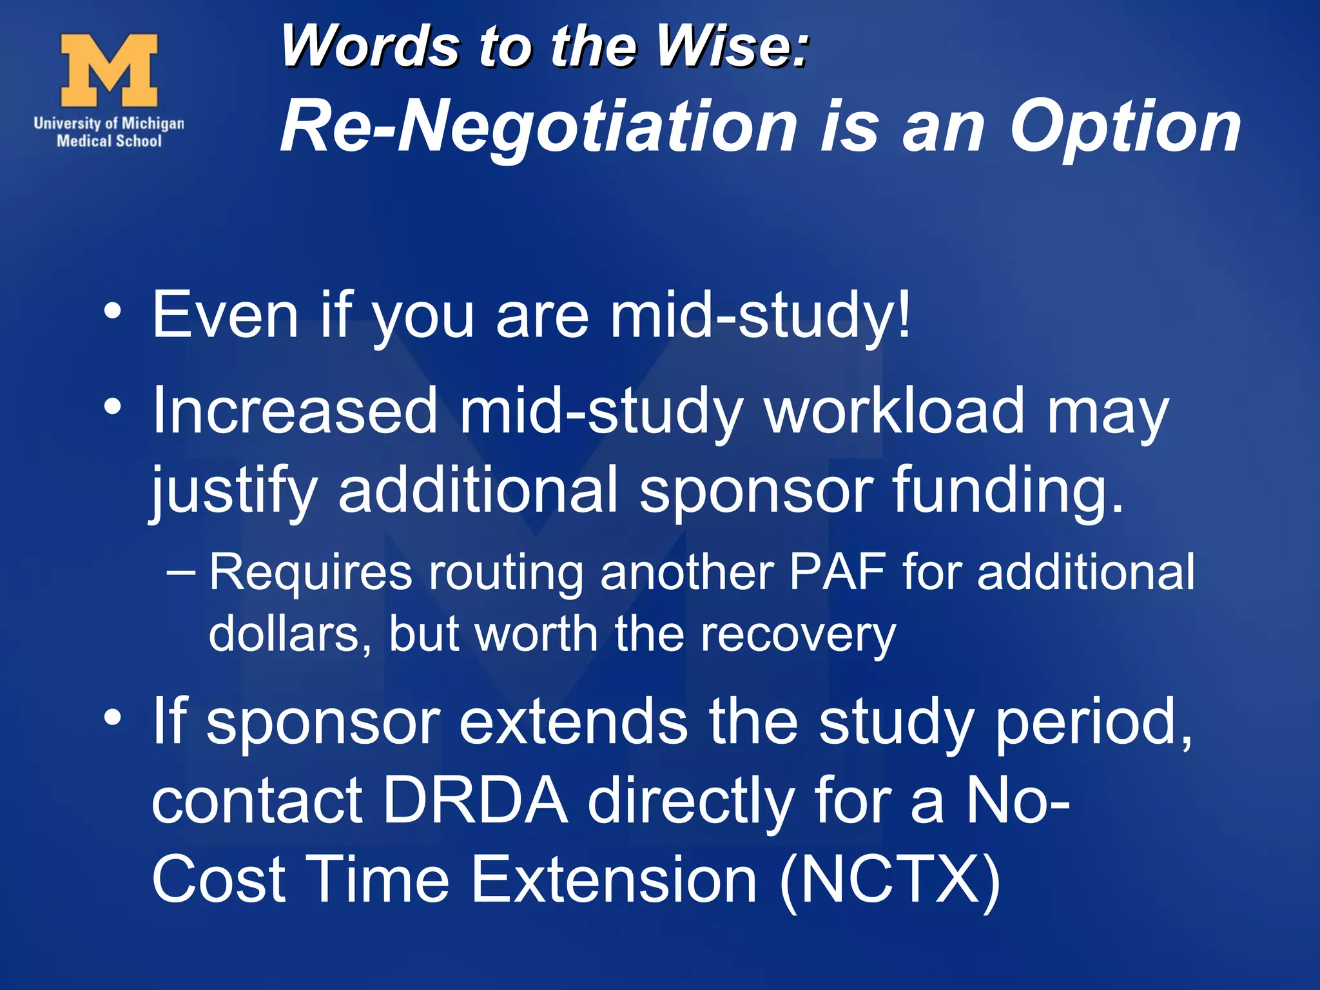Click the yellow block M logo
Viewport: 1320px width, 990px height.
tap(109, 70)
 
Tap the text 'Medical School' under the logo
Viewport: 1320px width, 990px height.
tap(109, 141)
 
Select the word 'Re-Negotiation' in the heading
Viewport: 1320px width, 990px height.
tap(539, 127)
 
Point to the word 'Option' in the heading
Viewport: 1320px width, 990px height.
tap(1125, 127)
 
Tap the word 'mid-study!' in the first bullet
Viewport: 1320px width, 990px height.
tap(761, 315)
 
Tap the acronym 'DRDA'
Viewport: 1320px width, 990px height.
tap(475, 801)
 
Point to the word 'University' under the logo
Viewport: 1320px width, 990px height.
tap(67, 123)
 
